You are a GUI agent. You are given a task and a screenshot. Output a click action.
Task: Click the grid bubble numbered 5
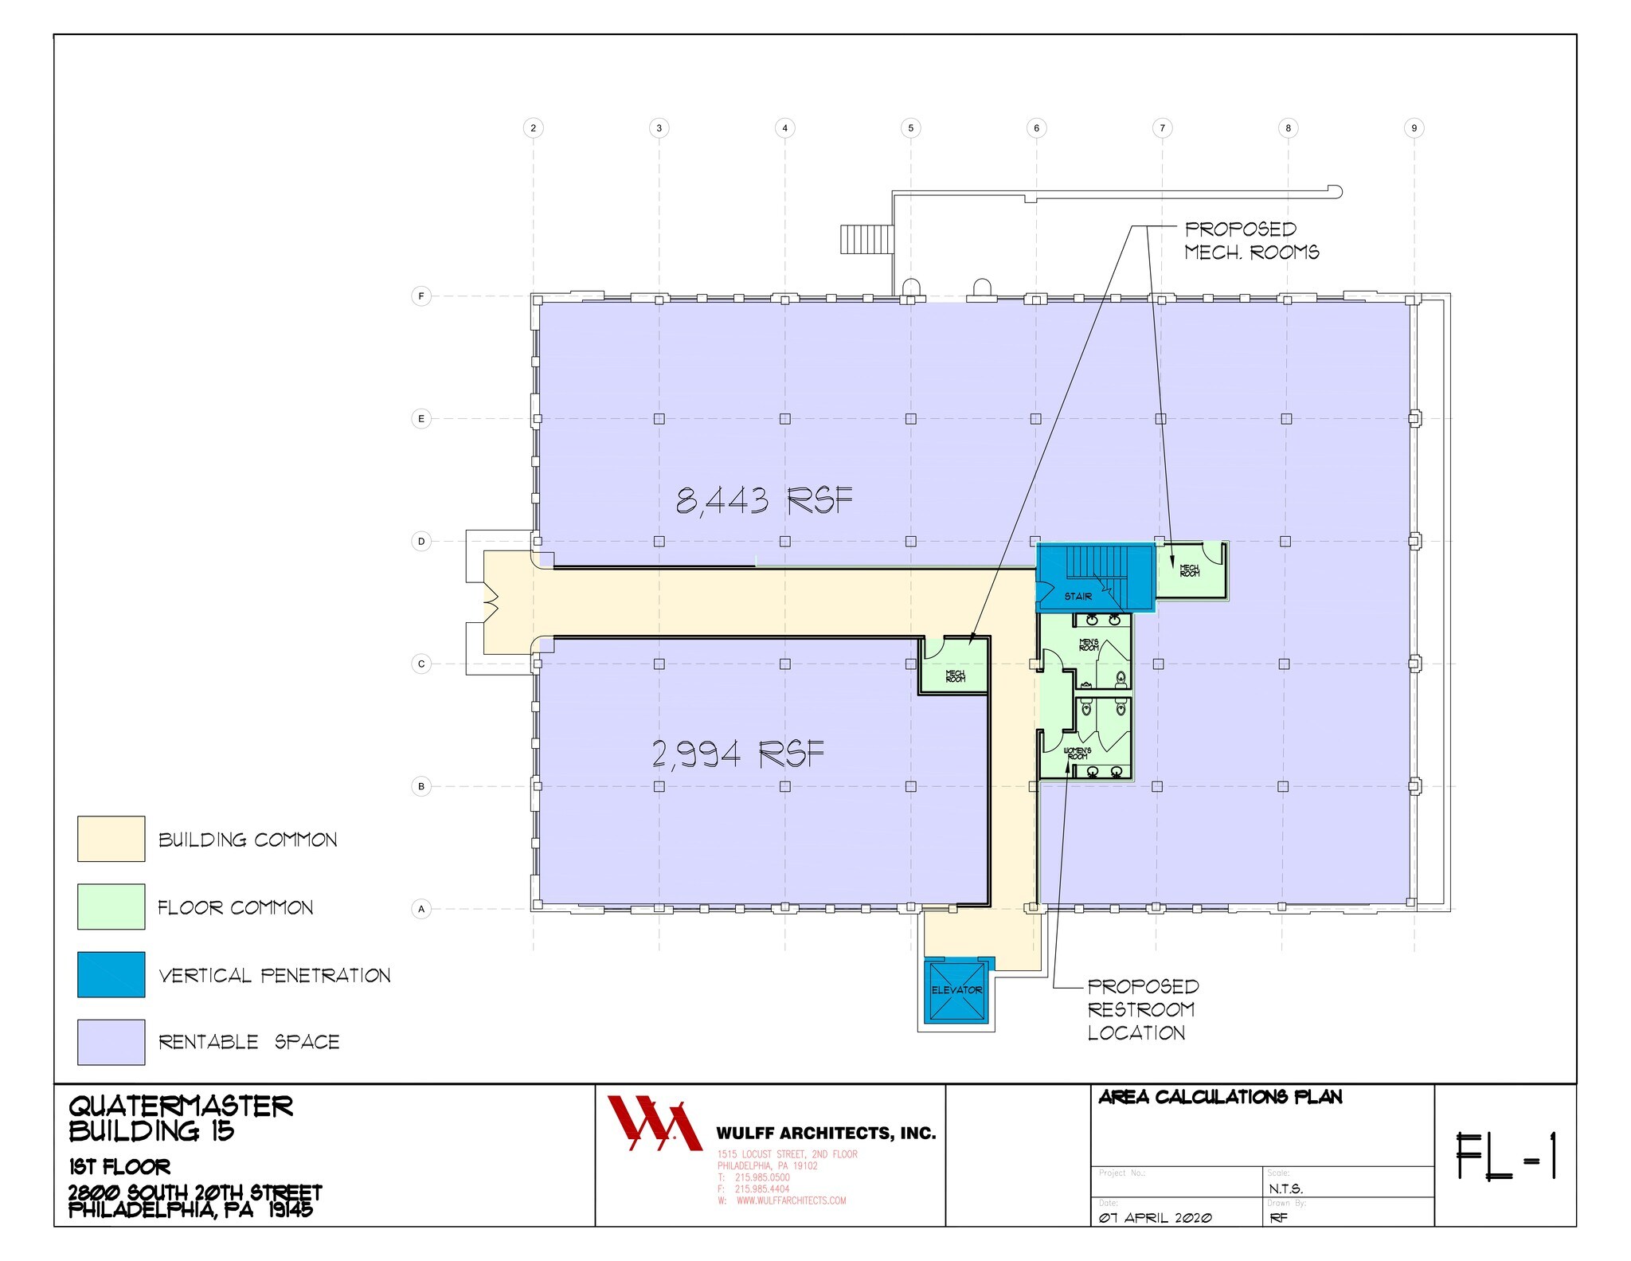pos(910,127)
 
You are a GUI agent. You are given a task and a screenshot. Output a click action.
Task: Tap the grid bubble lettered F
pos(421,296)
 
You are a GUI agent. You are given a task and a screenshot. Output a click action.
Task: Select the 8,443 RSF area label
pos(764,501)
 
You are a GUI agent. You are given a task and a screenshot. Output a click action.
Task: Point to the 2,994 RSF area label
pos(737,754)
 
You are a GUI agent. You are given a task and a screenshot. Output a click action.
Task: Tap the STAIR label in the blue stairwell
pos(1078,596)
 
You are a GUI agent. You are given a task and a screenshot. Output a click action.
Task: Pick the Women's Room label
pos(1078,753)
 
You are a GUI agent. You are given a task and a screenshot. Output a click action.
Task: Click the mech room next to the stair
pos(1190,570)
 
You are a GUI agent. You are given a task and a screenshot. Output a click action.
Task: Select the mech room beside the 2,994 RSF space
pos(955,674)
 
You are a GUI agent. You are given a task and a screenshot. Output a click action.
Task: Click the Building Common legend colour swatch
pos(111,839)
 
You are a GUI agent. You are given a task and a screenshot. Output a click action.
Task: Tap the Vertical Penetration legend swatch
pos(111,974)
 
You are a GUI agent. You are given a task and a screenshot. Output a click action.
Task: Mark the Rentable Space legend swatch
pos(111,1042)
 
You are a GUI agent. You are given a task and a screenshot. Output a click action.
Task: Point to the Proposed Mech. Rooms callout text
pos(1251,241)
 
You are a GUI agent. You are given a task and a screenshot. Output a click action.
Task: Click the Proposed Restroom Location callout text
pos(1142,1009)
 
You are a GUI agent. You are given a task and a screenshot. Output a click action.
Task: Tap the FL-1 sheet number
pos(1505,1156)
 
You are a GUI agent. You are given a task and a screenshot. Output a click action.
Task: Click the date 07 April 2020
pos(1155,1218)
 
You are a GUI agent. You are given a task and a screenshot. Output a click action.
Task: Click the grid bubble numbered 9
pos(1414,127)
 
